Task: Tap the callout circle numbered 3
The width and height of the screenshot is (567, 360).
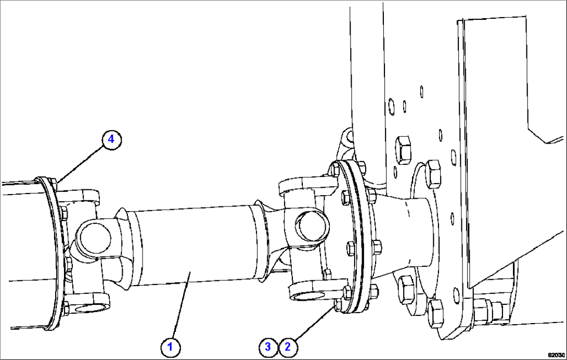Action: pyautogui.click(x=268, y=346)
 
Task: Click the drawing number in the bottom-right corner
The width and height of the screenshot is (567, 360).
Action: pyautogui.click(x=556, y=354)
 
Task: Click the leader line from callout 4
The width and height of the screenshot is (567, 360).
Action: pyautogui.click(x=80, y=161)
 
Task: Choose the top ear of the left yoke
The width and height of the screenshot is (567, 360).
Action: pyautogui.click(x=78, y=196)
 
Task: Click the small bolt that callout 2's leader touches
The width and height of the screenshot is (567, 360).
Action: pyautogui.click(x=339, y=305)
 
